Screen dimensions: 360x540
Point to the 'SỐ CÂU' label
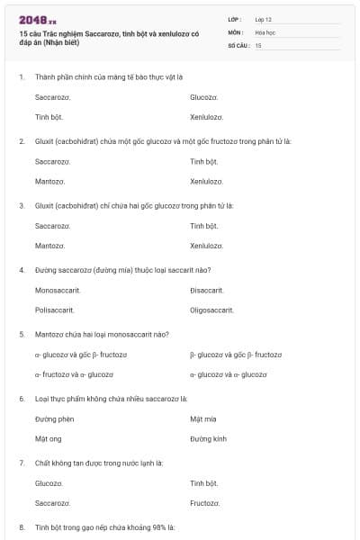click(237, 44)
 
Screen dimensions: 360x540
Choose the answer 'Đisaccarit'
click(207, 290)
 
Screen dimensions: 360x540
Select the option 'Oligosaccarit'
click(211, 310)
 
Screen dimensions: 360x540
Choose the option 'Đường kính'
click(208, 438)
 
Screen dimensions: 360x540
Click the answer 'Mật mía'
click(203, 418)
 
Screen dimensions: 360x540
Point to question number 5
click(22, 334)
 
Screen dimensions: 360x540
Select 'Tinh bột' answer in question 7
click(204, 483)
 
